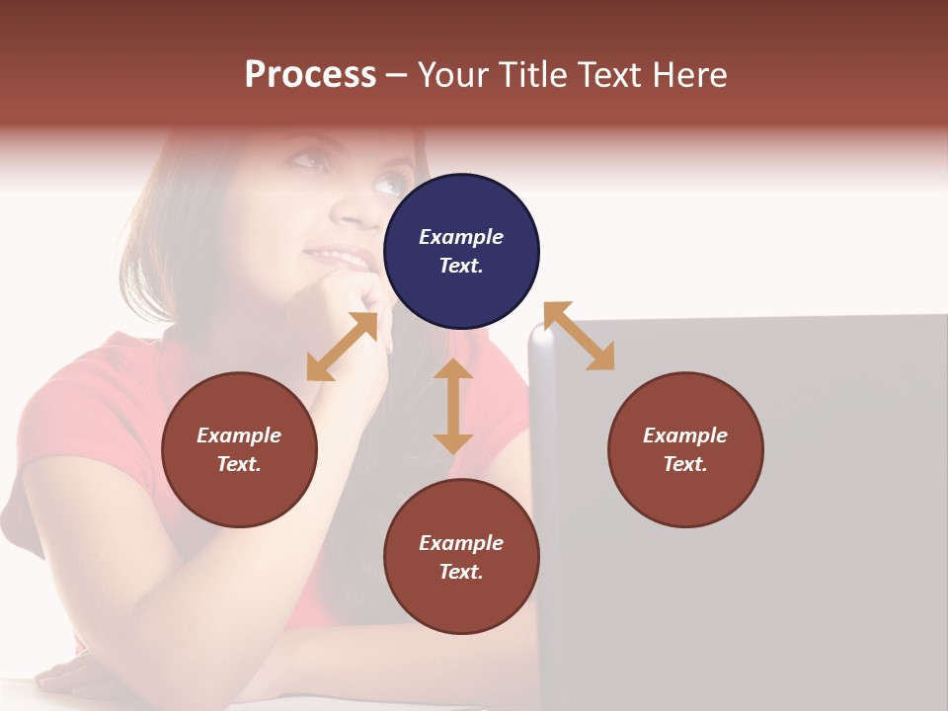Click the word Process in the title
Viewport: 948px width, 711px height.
[310, 75]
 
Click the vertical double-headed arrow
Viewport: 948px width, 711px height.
[453, 406]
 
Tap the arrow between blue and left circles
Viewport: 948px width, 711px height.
[342, 347]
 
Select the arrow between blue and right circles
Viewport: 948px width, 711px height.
[580, 336]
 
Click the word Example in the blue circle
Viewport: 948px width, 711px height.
[461, 237]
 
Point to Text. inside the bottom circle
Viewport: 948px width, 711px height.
[461, 572]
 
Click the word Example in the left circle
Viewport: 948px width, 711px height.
[239, 435]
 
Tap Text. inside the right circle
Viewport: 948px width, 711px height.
[685, 464]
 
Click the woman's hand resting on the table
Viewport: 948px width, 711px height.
[79, 679]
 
